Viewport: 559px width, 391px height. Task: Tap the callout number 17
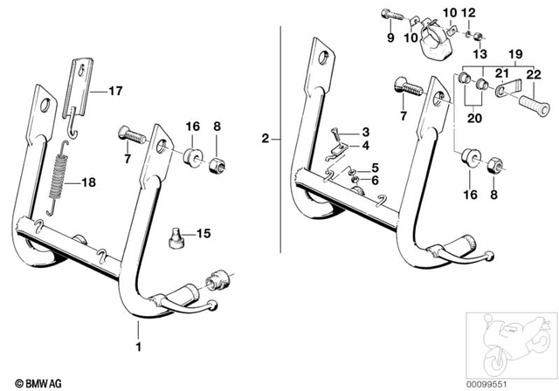click(x=115, y=90)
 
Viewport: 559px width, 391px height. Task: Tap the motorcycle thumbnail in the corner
click(x=508, y=344)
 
